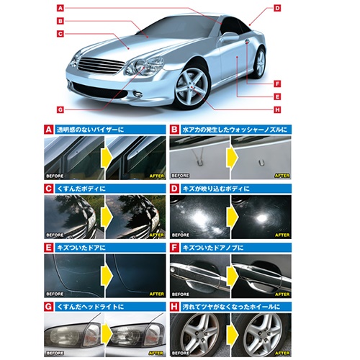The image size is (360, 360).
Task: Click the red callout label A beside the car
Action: click(60, 8)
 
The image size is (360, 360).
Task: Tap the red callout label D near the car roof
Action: click(277, 8)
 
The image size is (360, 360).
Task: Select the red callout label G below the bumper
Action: click(60, 109)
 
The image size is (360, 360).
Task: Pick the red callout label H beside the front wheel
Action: click(277, 109)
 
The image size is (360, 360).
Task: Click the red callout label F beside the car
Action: click(277, 84)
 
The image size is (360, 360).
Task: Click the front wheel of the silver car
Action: click(192, 87)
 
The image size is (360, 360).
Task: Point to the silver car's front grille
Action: click(100, 64)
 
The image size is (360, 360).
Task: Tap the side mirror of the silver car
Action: click(229, 37)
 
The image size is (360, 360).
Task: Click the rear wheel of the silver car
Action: click(258, 63)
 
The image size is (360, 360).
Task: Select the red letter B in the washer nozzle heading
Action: click(174, 130)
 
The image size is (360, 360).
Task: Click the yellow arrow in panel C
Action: click(107, 217)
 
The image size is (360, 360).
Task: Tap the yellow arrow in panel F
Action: click(231, 276)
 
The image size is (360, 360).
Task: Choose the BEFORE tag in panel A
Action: click(55, 176)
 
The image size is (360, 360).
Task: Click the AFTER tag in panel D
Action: click(282, 235)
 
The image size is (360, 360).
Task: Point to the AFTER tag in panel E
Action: click(157, 294)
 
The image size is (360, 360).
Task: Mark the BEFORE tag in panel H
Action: click(180, 353)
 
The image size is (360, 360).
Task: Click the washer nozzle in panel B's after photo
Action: click(261, 163)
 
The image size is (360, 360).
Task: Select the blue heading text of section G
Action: click(90, 307)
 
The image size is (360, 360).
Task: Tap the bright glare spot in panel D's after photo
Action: click(261, 218)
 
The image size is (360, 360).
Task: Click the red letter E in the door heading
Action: click(48, 248)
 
